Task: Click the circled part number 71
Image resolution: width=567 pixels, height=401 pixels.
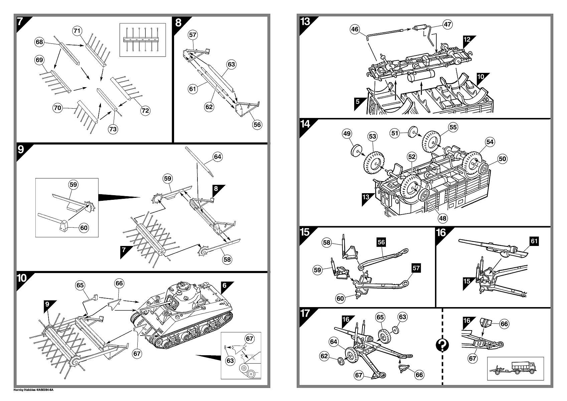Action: pos(77,31)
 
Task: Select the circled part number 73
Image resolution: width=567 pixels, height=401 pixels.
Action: pos(113,129)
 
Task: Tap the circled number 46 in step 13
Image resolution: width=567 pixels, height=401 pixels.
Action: pos(355,29)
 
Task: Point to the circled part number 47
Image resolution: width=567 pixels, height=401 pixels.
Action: pos(447,24)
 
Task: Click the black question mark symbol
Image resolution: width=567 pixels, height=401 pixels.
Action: pos(442,345)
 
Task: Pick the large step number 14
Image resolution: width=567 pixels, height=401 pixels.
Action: pos(305,124)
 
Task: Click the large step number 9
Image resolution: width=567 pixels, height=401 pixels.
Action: pos(21,149)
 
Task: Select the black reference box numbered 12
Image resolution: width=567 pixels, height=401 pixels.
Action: pos(467,39)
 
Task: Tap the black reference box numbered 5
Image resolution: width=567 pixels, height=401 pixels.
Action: pos(358,102)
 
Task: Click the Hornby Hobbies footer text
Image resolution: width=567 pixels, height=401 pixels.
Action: pos(33,390)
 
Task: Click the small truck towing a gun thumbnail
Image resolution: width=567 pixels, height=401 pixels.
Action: pos(515,368)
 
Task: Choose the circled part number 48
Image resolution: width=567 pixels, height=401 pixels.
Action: pos(442,218)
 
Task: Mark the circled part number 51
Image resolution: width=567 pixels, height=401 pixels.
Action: pos(395,133)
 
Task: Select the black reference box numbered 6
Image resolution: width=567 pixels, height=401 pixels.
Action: pos(225,285)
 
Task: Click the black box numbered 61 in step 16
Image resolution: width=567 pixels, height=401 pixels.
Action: pos(535,241)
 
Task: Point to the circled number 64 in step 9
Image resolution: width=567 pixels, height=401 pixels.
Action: pos(218,157)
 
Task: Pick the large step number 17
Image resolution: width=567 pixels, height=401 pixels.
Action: pos(305,313)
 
